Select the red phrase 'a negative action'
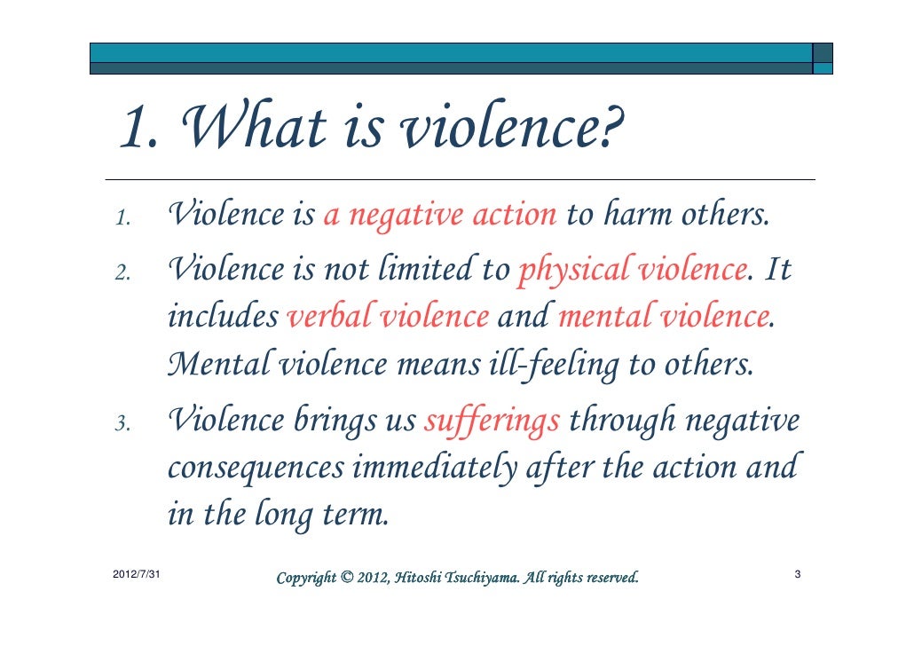pyautogui.click(x=440, y=215)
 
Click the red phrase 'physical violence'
pyautogui.click(x=631, y=267)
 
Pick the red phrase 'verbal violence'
pyautogui.click(x=389, y=315)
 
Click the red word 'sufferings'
pyautogui.click(x=492, y=421)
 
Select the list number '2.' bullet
pyautogui.click(x=124, y=271)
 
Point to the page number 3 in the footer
pyautogui.click(x=797, y=576)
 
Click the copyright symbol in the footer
pyautogui.click(x=345, y=579)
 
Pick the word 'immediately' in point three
pyautogui.click(x=435, y=468)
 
